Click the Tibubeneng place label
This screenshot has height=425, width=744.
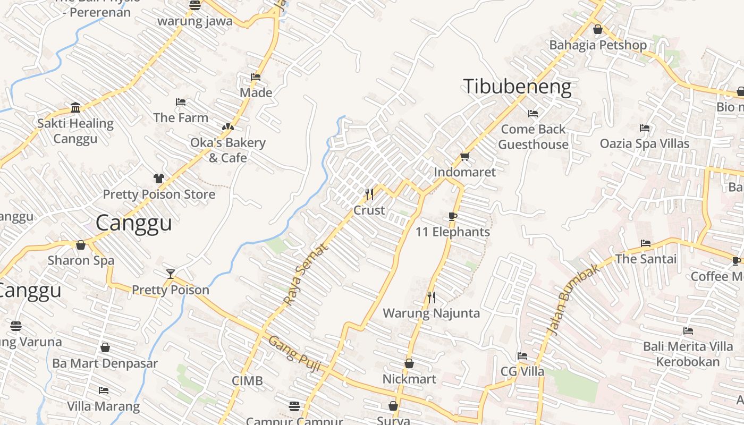click(518, 87)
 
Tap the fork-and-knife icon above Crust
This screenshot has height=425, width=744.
click(369, 194)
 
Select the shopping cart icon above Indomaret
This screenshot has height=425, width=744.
click(464, 156)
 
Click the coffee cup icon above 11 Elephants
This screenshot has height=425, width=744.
click(452, 216)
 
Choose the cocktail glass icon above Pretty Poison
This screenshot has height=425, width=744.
click(170, 274)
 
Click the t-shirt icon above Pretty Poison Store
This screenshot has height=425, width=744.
click(158, 178)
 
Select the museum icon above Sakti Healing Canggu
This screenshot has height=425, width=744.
click(75, 108)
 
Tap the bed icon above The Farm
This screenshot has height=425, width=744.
click(181, 102)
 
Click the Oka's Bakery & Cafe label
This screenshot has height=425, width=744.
click(228, 150)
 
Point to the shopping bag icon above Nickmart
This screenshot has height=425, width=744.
click(409, 363)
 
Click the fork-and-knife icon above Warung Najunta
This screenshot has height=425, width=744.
click(431, 297)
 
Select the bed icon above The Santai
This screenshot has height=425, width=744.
click(646, 243)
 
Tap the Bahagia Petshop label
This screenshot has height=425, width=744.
click(598, 45)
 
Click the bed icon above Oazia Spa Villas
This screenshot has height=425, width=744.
click(645, 128)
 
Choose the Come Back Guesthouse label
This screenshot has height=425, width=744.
click(533, 137)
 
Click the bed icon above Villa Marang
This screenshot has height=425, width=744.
click(104, 390)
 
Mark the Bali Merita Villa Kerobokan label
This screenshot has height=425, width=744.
click(688, 354)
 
